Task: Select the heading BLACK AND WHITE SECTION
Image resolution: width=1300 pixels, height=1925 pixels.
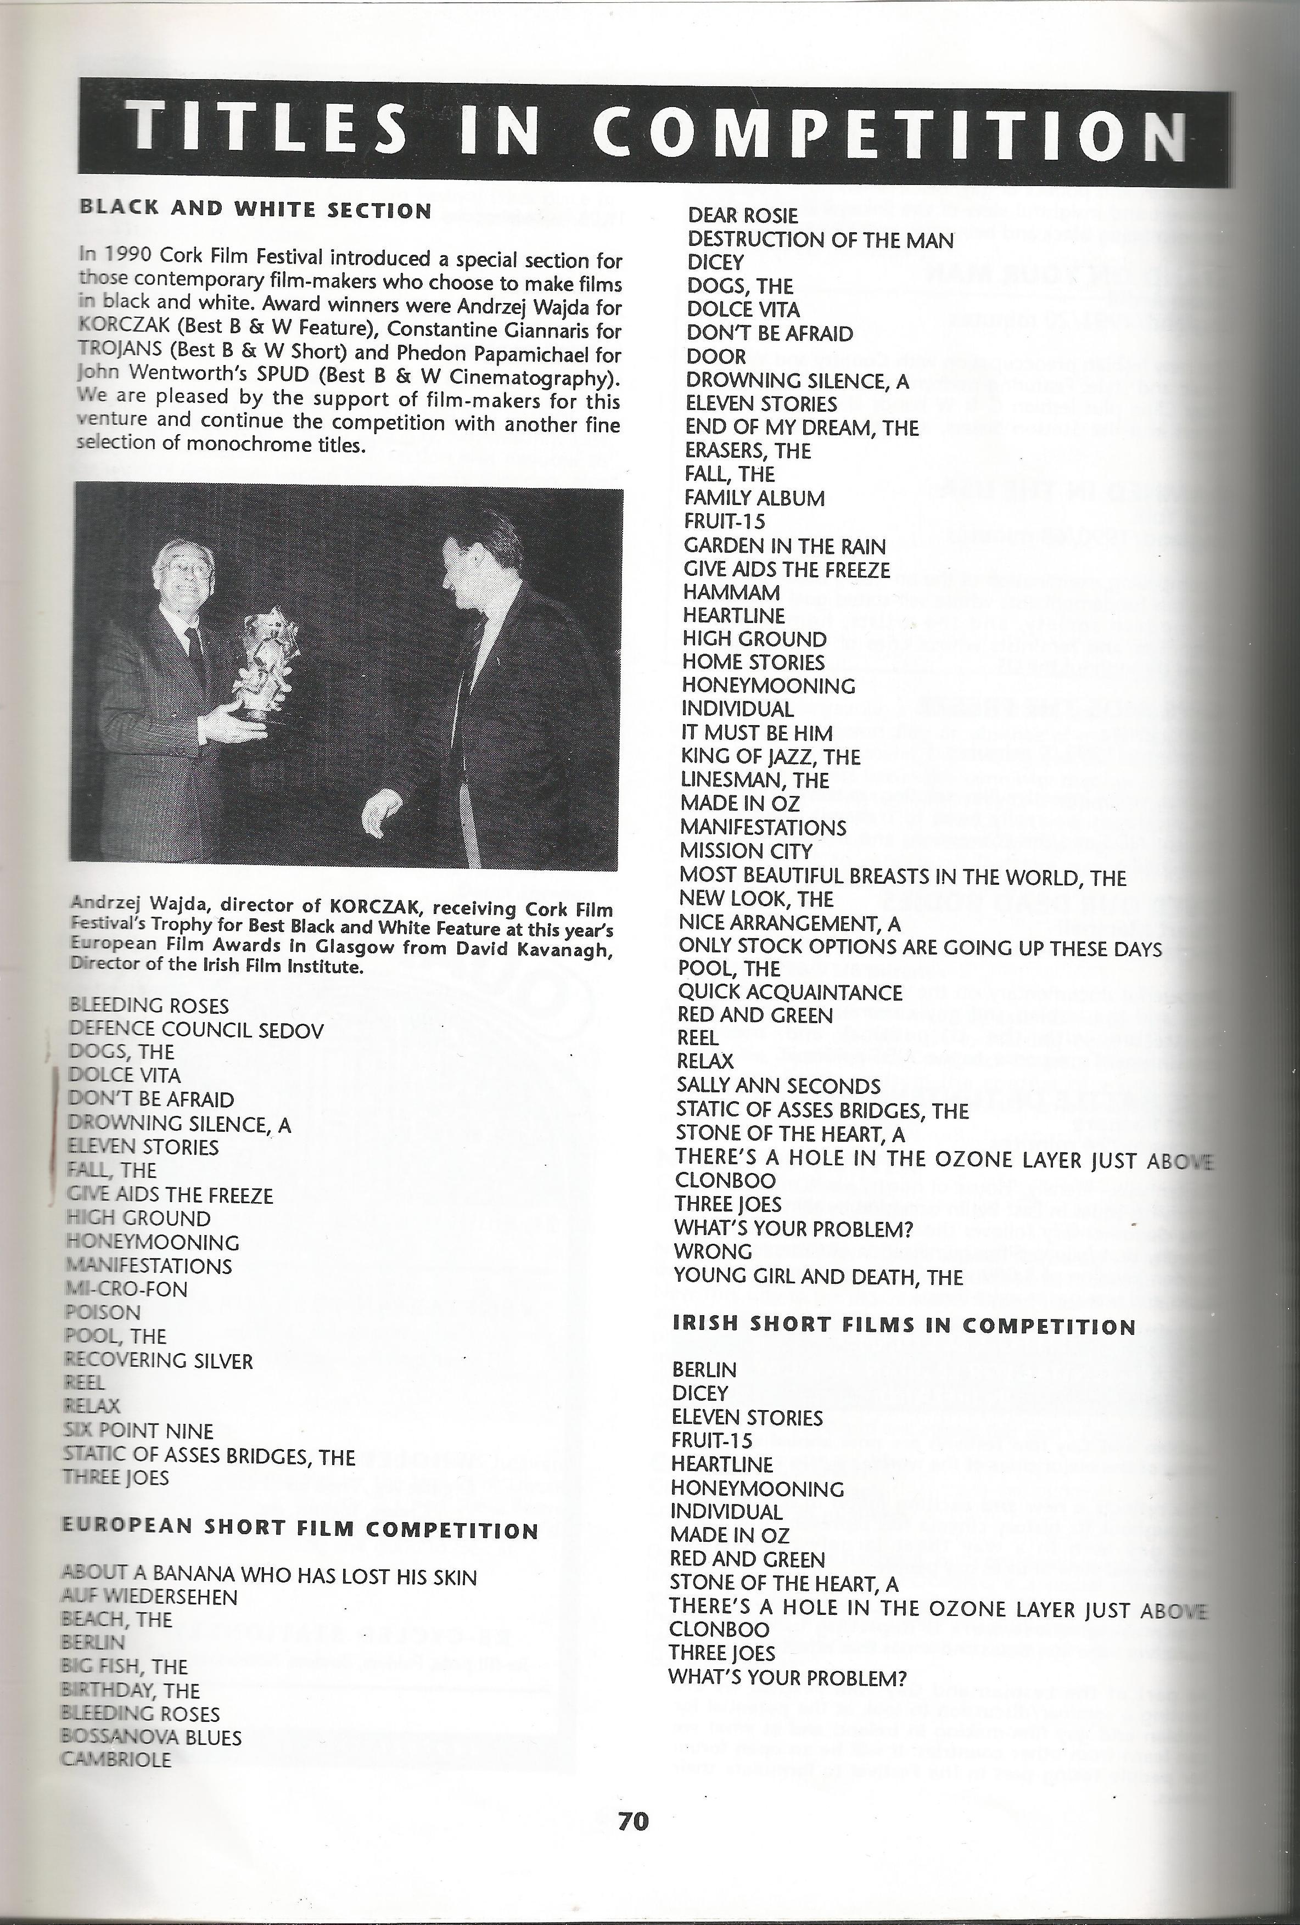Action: (255, 210)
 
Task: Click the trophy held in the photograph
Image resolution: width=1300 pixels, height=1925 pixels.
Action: (264, 663)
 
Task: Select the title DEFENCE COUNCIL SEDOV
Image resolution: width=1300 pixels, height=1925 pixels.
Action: (197, 1030)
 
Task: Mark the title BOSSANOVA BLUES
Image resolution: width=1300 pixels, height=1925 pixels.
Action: (152, 1737)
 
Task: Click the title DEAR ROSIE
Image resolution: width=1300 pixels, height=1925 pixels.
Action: (742, 215)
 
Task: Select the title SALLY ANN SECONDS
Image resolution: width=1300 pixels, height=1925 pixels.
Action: (778, 1086)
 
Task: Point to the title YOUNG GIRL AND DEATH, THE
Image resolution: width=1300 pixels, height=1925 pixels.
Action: (819, 1276)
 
